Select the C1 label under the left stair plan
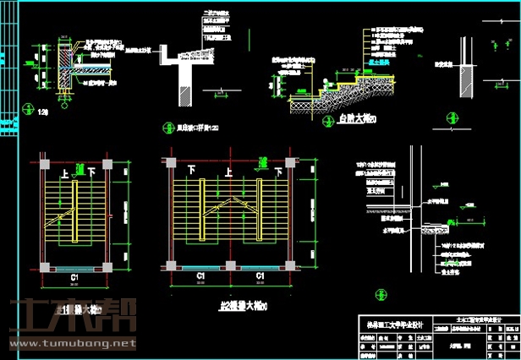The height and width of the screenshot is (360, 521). point(74,276)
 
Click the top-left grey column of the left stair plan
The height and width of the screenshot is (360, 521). point(44,162)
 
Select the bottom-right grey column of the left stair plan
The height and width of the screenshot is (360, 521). point(107,265)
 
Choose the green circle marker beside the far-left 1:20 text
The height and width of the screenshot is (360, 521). point(28,109)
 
